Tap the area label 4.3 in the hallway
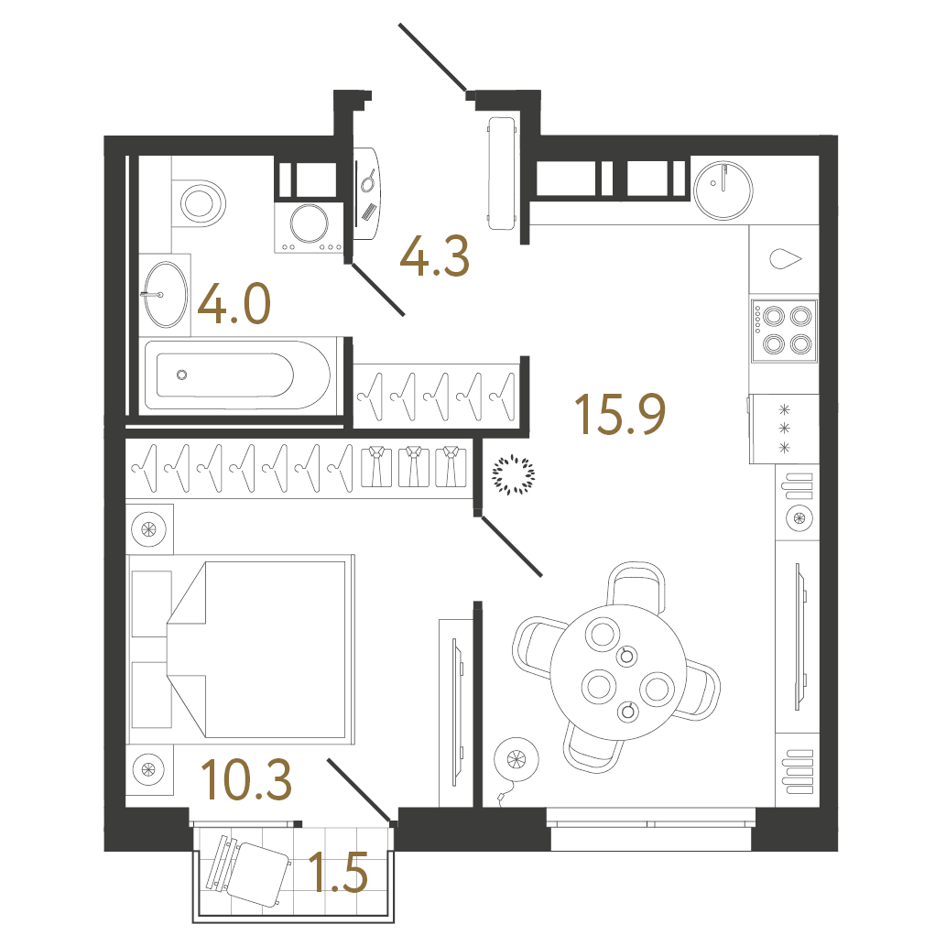pyautogui.click(x=435, y=257)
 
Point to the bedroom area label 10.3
pyautogui.click(x=246, y=779)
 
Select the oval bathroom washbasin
pyautogui.click(x=165, y=293)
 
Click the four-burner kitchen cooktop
pyautogui.click(x=782, y=330)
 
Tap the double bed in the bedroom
pyautogui.click(x=242, y=647)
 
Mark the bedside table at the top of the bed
pyautogui.click(x=148, y=527)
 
